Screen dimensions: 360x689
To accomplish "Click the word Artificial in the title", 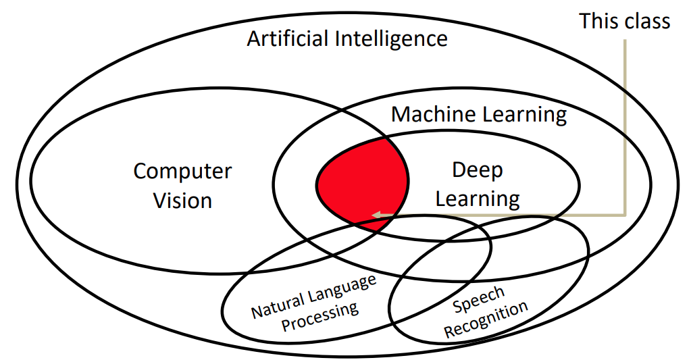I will click(x=288, y=38).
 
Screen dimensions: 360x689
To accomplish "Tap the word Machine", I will click(x=433, y=114).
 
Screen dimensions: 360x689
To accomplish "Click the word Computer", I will click(x=182, y=172).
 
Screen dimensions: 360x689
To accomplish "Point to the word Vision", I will click(x=182, y=201).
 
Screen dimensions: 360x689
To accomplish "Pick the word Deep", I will click(x=477, y=170).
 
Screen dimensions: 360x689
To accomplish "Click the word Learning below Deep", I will click(x=477, y=199).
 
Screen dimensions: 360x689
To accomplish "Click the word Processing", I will click(x=320, y=317).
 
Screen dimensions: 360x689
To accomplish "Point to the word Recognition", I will click(x=486, y=320).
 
